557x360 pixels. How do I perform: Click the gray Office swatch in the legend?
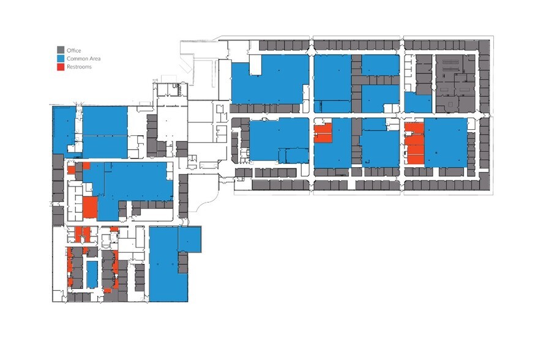point(61,50)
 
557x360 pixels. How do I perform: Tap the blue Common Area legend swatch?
point(61,58)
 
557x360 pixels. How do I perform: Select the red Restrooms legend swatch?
point(61,66)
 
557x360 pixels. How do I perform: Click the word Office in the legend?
point(73,50)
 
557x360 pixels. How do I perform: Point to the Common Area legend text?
point(83,58)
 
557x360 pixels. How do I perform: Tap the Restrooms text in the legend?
point(79,66)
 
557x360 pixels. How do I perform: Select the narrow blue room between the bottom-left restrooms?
point(92,274)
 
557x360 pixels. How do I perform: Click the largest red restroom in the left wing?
point(90,207)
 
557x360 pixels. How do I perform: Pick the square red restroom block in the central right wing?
point(323,133)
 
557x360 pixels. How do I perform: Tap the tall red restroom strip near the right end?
point(414,143)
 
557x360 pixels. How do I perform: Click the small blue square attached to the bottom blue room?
point(189,239)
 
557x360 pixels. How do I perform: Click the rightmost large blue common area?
point(446,142)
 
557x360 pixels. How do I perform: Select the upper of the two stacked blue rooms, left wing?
point(105,121)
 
